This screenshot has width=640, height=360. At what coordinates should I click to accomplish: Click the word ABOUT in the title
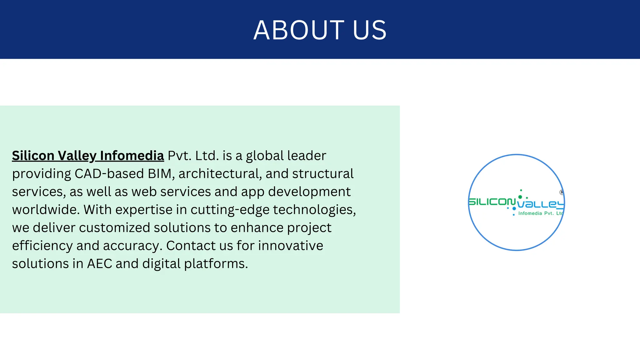coord(299,30)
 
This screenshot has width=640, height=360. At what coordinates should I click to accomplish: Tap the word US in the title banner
coord(370,30)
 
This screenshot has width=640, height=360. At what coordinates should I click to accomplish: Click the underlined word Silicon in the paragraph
coord(33,156)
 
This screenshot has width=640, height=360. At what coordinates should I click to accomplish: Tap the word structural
coord(323,174)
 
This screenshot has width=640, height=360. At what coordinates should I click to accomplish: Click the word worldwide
coord(46,210)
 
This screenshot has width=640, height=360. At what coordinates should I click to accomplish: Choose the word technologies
coord(314,210)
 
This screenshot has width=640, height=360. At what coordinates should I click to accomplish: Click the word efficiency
coord(42,246)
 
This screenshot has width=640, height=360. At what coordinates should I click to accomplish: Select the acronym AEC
coord(99,264)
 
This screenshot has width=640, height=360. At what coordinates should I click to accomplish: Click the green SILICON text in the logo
coord(492,202)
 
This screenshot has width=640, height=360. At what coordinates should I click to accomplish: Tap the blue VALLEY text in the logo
coord(541,204)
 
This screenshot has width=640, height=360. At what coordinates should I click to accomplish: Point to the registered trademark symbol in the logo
coord(562,192)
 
